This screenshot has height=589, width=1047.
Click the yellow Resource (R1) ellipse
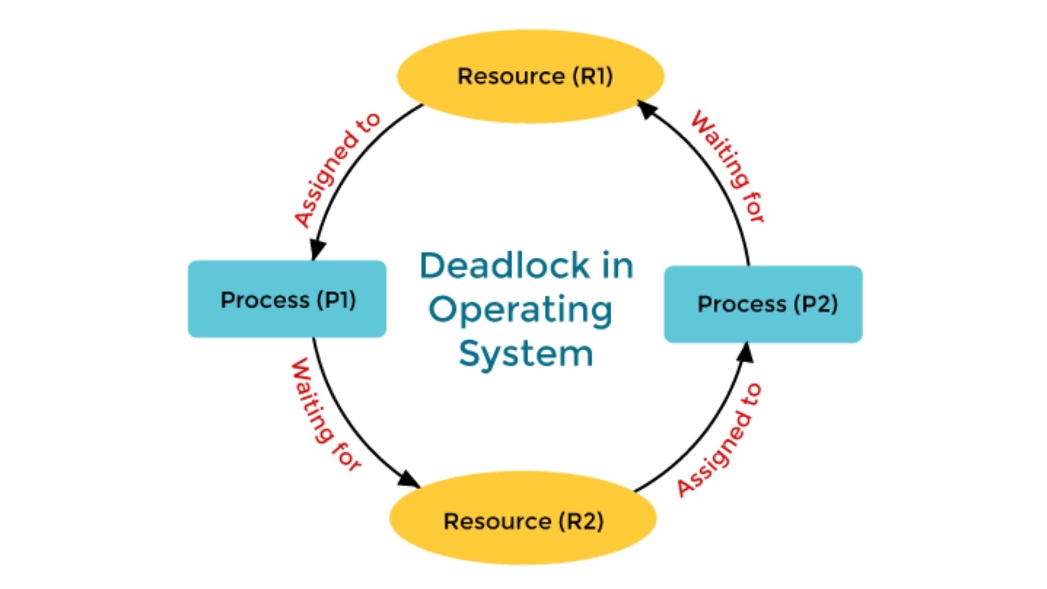click(x=530, y=76)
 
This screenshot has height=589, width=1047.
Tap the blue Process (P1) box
click(x=287, y=299)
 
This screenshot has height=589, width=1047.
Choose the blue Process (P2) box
click(x=763, y=304)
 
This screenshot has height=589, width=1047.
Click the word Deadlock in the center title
click(x=504, y=266)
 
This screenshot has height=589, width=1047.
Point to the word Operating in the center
click(x=521, y=311)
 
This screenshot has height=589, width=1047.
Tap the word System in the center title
click(x=526, y=353)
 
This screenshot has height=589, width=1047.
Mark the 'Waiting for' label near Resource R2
click(x=325, y=414)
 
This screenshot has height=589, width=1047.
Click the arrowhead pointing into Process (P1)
click(x=317, y=250)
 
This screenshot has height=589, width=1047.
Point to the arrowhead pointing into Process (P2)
click(x=745, y=352)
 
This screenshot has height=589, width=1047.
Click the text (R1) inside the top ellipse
click(x=593, y=76)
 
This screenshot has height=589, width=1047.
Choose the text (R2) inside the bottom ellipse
click(x=581, y=521)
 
